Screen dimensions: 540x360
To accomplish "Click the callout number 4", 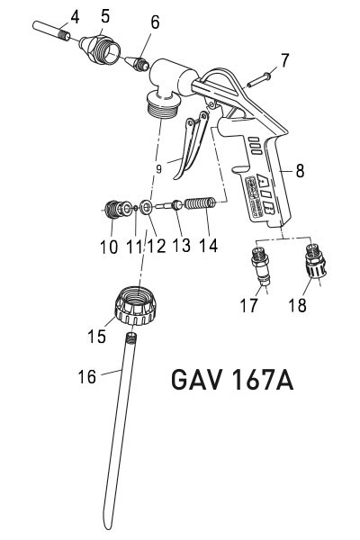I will (74, 15).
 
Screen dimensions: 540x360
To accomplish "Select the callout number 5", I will (105, 15).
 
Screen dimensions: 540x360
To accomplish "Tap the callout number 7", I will (285, 61).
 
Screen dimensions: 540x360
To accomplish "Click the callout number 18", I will (298, 306).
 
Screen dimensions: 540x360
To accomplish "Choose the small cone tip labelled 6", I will (138, 64).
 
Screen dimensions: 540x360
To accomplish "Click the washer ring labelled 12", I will (145, 209).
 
